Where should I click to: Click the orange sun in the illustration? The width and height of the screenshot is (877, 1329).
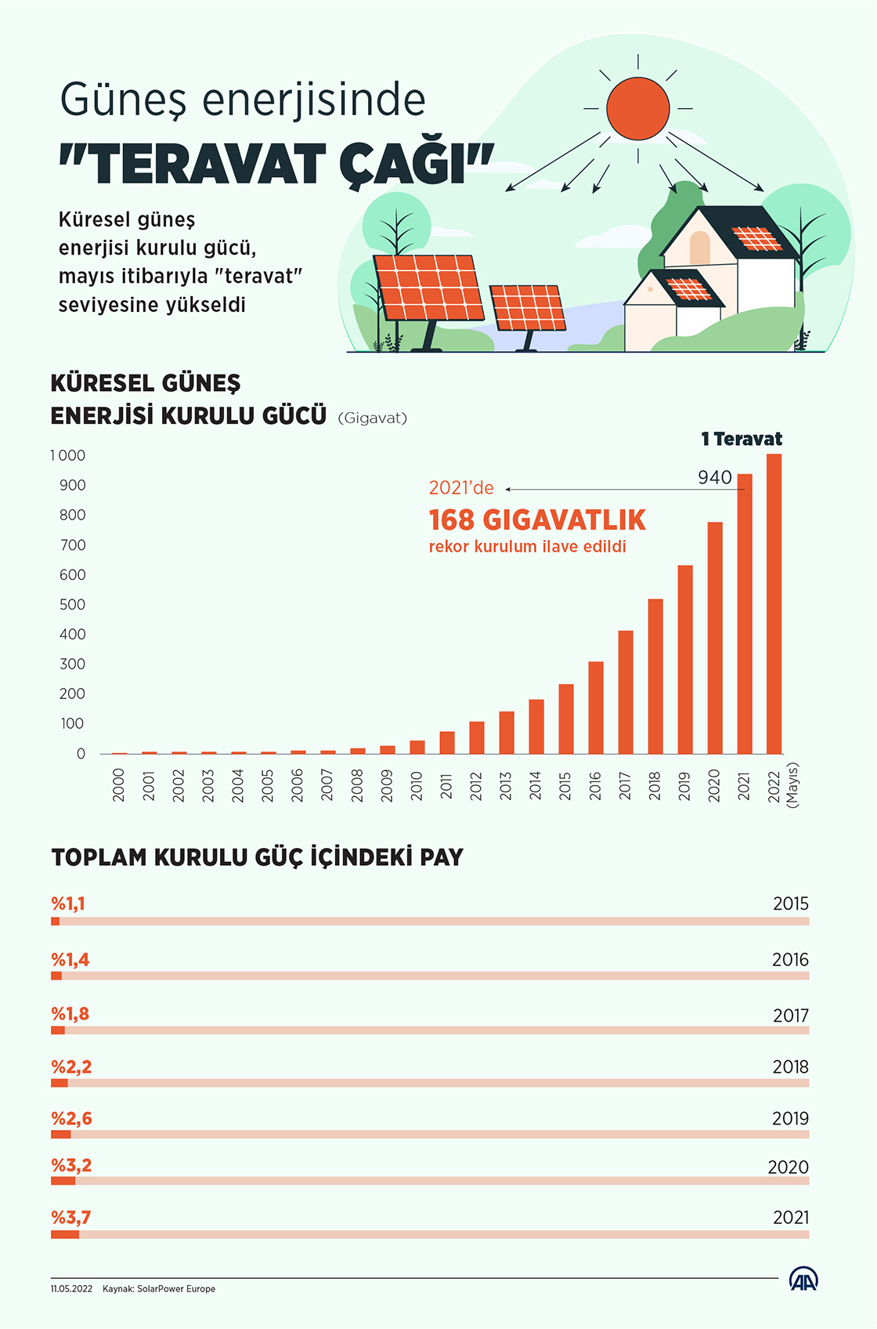[x=637, y=108]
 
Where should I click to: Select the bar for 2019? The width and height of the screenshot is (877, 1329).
[x=685, y=659]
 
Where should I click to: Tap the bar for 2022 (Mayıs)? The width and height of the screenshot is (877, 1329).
[x=774, y=603]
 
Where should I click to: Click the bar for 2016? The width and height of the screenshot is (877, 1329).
[x=596, y=708]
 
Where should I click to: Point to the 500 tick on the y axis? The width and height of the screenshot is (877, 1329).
[x=73, y=604]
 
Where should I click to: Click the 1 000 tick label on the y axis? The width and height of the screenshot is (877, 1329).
[x=68, y=455]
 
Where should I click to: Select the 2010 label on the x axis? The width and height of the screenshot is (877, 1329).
[x=417, y=785]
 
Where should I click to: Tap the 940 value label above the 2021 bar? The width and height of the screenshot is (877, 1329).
[x=715, y=477]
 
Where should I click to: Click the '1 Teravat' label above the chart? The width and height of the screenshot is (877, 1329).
[x=742, y=439]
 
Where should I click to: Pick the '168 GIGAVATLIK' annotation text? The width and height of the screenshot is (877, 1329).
[x=537, y=520]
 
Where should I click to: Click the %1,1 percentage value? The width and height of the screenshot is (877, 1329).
[x=68, y=904]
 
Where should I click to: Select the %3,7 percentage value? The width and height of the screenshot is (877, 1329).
[x=71, y=1217]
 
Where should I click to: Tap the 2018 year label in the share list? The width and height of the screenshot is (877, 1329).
[x=790, y=1066]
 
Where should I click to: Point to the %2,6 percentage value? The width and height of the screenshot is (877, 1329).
[x=71, y=1118]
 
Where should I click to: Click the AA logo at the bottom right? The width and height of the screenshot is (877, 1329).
[x=803, y=1280]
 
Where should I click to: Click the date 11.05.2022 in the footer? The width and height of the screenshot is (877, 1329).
[x=71, y=1288]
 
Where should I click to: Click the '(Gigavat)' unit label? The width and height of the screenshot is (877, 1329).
[x=373, y=418]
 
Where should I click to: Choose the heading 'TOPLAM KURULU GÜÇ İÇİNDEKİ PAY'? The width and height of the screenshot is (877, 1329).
[x=258, y=857]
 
